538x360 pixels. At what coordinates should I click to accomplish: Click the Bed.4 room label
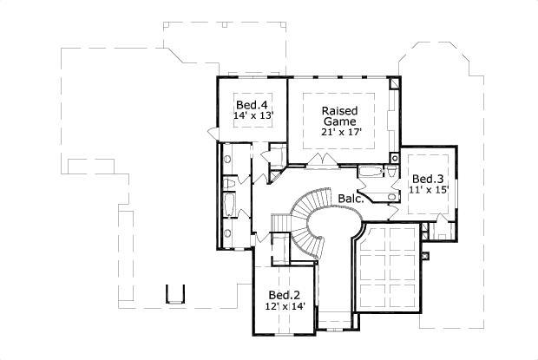click(x=252, y=105)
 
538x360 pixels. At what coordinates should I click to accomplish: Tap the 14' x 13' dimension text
click(x=253, y=115)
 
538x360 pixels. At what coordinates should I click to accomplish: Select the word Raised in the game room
click(x=339, y=111)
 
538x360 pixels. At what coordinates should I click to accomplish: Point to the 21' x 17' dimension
click(x=342, y=132)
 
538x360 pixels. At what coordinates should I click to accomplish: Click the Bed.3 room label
click(x=428, y=179)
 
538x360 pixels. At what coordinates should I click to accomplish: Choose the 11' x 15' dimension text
click(x=429, y=189)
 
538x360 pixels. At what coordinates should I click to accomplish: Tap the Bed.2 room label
click(x=285, y=295)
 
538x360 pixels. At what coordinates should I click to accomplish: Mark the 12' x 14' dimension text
click(x=285, y=306)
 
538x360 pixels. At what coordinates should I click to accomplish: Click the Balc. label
click(x=351, y=198)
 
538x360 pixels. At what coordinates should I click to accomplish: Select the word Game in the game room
click(x=339, y=121)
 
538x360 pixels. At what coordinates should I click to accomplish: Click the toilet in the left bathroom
click(x=229, y=183)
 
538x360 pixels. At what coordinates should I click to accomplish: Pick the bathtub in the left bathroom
click(x=229, y=205)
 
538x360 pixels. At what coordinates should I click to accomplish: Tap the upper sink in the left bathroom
click(x=227, y=159)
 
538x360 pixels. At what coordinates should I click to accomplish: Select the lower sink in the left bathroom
click(x=227, y=233)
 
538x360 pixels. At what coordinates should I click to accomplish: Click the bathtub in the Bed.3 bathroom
click(x=371, y=172)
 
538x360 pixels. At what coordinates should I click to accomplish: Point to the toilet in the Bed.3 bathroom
click(x=391, y=171)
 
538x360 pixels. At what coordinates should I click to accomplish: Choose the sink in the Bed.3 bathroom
click(x=392, y=197)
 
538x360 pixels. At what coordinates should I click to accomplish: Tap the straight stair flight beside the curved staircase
click(x=280, y=223)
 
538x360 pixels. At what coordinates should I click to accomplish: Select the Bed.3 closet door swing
click(x=442, y=219)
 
